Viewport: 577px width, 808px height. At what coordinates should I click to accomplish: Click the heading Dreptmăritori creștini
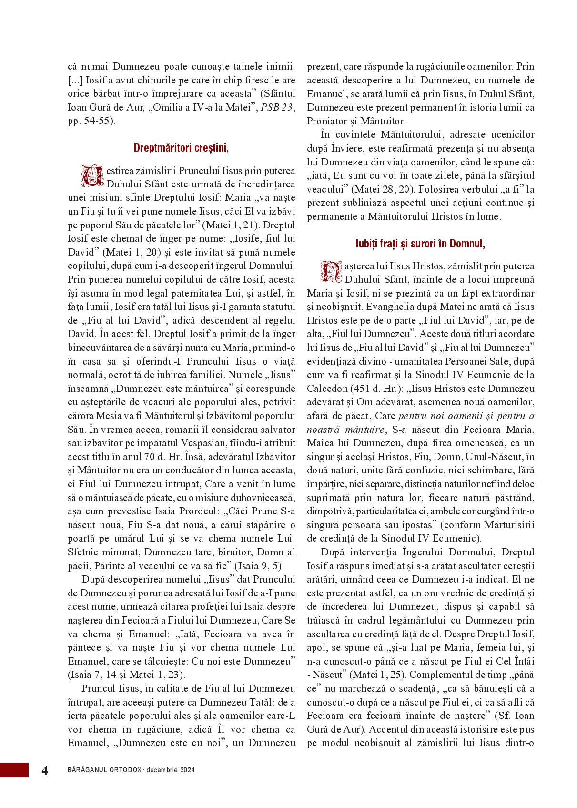(181, 148)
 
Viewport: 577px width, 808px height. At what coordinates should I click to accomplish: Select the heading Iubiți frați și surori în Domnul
(420, 244)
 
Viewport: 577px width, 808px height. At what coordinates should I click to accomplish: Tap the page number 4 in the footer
(45, 771)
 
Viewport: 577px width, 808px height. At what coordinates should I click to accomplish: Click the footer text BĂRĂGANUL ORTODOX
(105, 770)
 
